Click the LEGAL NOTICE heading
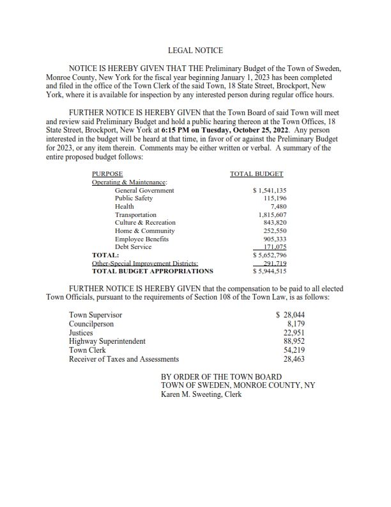(x=195, y=49)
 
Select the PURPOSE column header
(x=107, y=173)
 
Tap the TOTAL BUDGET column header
(x=256, y=173)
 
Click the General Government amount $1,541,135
(x=270, y=190)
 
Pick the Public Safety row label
(x=134, y=198)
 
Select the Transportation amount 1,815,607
(x=272, y=215)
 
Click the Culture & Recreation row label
(x=145, y=223)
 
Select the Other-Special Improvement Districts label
(x=145, y=263)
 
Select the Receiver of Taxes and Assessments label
(x=124, y=360)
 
